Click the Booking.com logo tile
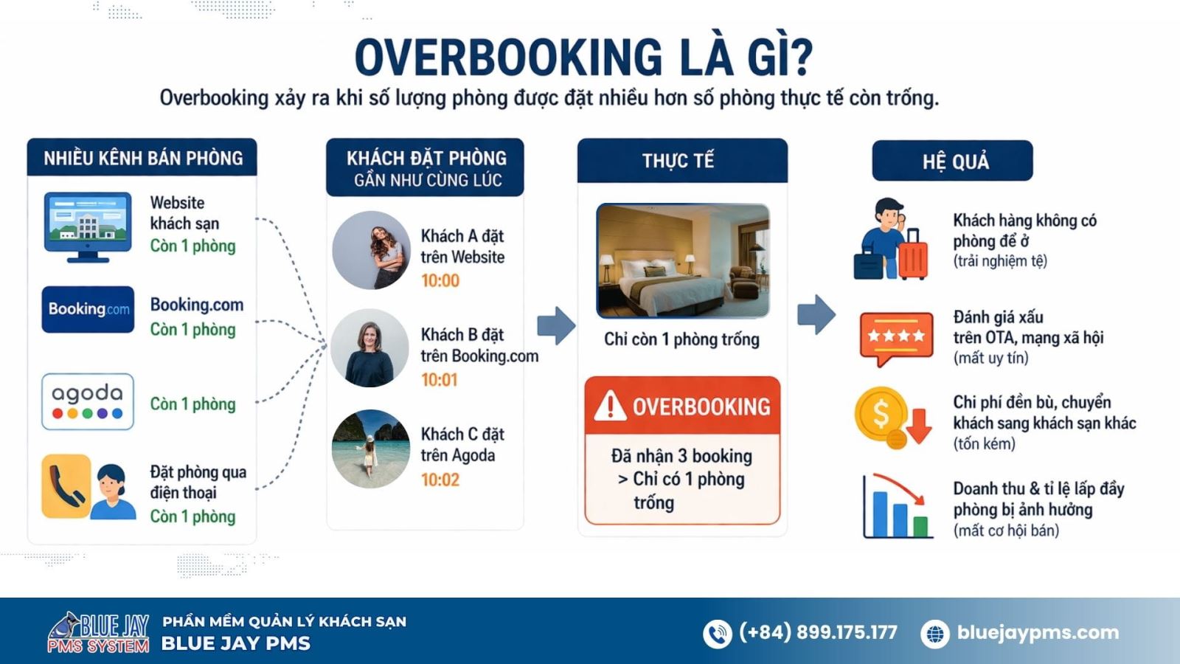[x=88, y=309]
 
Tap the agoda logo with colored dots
[x=88, y=401]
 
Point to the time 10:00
[x=440, y=281]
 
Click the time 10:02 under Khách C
[x=440, y=480]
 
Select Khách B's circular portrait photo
[x=370, y=348]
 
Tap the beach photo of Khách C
[x=370, y=449]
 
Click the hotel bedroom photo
[x=682, y=260]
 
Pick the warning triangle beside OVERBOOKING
[x=610, y=406]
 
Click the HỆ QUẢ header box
[x=952, y=161]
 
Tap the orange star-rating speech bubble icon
[x=896, y=338]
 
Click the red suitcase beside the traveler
[x=913, y=255]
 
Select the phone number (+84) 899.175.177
[x=818, y=632]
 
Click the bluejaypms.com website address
[x=1038, y=632]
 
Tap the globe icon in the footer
[x=935, y=634]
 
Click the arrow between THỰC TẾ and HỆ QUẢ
[x=816, y=314]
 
